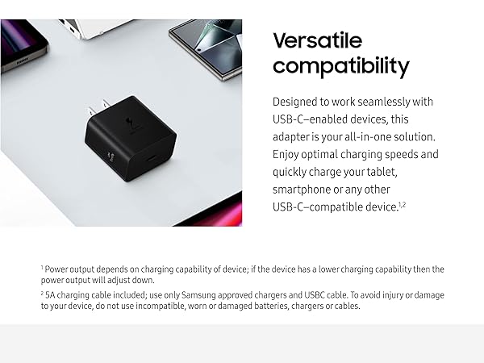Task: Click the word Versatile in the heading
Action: tap(317, 40)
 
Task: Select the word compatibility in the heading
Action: tap(340, 66)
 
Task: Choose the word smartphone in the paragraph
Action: tap(303, 189)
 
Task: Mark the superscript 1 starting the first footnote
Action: tap(41, 266)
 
